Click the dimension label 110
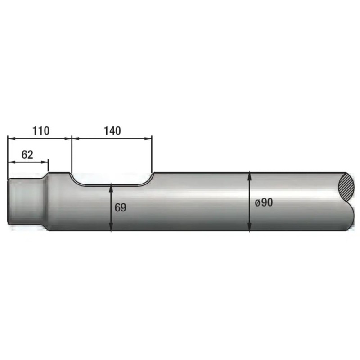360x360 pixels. click(x=41, y=131)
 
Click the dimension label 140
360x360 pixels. click(x=112, y=131)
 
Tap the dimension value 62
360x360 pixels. click(x=27, y=155)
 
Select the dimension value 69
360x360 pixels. click(x=121, y=207)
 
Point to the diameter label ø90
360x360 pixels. click(x=264, y=202)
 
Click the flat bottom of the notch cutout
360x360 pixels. click(x=112, y=185)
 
